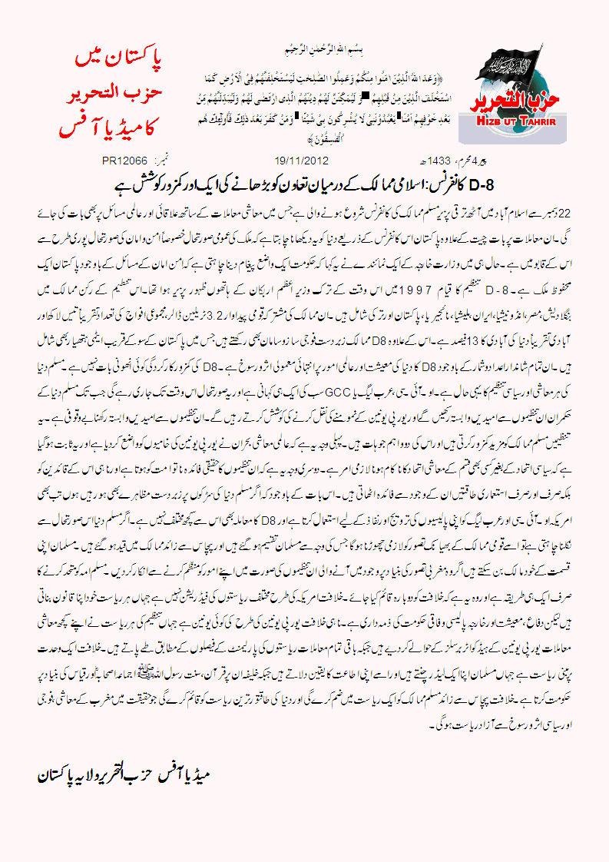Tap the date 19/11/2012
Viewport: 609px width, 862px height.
pos(301,161)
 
